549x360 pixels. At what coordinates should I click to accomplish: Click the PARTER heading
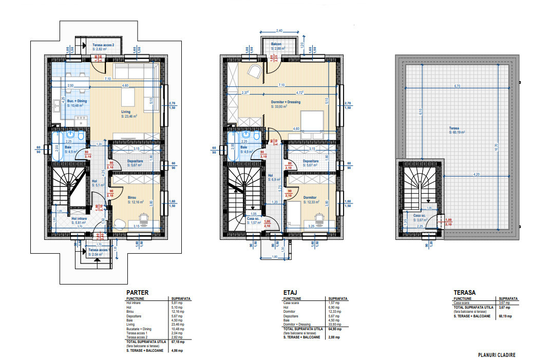(137, 292)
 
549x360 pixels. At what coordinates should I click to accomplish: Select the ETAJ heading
(291, 292)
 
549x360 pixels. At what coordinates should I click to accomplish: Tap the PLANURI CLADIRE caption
(496, 355)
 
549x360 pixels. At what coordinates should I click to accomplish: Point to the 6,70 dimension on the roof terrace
(456, 86)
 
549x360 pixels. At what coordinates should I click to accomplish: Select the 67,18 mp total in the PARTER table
(177, 341)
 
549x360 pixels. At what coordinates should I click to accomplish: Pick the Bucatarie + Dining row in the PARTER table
(140, 328)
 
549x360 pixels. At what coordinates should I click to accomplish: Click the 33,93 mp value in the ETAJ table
(334, 324)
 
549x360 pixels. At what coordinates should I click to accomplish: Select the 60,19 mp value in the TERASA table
(505, 316)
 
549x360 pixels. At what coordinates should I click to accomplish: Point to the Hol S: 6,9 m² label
(274, 178)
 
